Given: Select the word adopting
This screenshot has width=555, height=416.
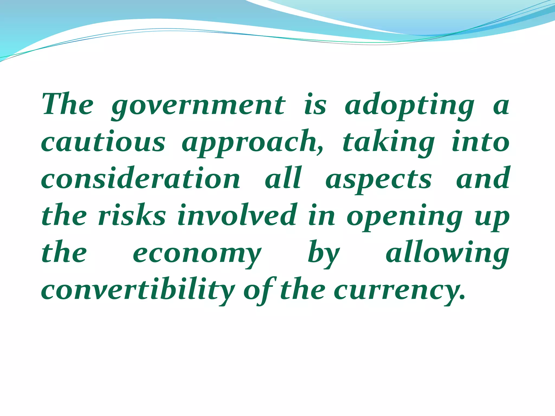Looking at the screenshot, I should coord(409,106).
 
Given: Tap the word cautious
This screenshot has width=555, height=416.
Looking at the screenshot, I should coord(103,142).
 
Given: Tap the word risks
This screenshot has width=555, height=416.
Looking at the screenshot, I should coord(132,216).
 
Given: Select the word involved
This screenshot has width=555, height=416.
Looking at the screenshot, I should coord(237,216).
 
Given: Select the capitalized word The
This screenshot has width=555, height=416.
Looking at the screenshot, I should coord(68,105).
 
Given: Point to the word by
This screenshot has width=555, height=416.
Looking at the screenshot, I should coord(324,253).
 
